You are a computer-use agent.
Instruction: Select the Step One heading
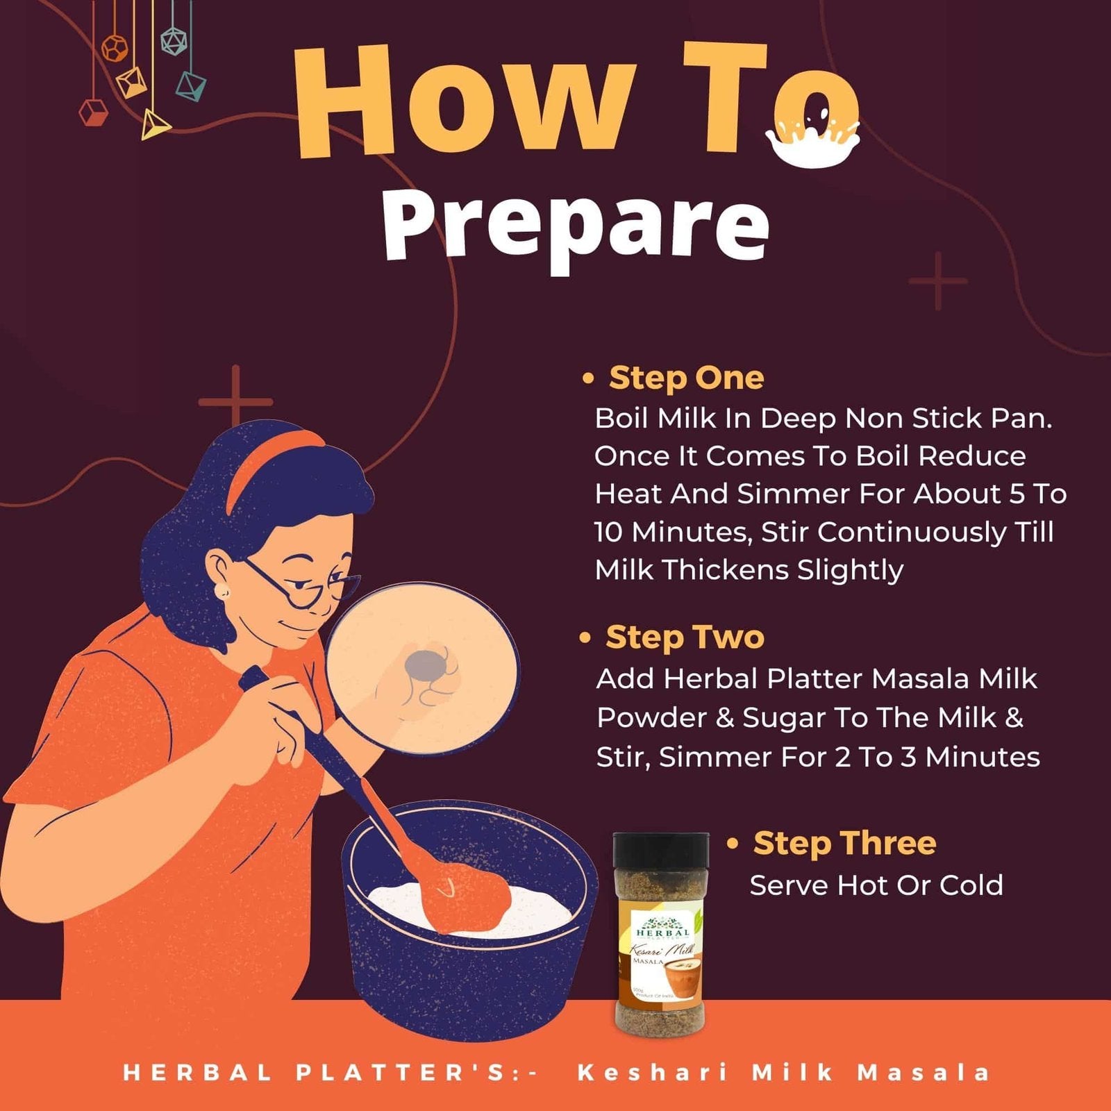click(686, 378)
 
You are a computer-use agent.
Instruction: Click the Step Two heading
click(685, 637)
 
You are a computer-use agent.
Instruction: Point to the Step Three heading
click(844, 843)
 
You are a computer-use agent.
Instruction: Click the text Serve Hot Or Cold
click(876, 885)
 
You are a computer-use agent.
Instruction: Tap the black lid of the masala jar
click(661, 851)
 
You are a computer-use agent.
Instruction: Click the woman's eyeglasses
click(306, 584)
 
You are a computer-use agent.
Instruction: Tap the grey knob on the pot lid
click(425, 665)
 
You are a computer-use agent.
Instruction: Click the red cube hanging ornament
click(93, 112)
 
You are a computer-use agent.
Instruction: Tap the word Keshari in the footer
click(653, 1072)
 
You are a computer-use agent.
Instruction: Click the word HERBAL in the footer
click(197, 1072)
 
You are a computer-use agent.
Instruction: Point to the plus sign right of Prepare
click(938, 281)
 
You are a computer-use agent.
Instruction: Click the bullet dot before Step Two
click(585, 637)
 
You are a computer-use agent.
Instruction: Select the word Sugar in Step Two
click(783, 719)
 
